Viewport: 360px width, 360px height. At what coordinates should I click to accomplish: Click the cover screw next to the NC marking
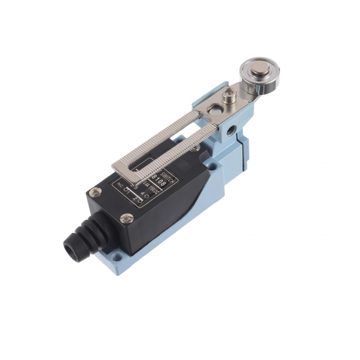96,192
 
